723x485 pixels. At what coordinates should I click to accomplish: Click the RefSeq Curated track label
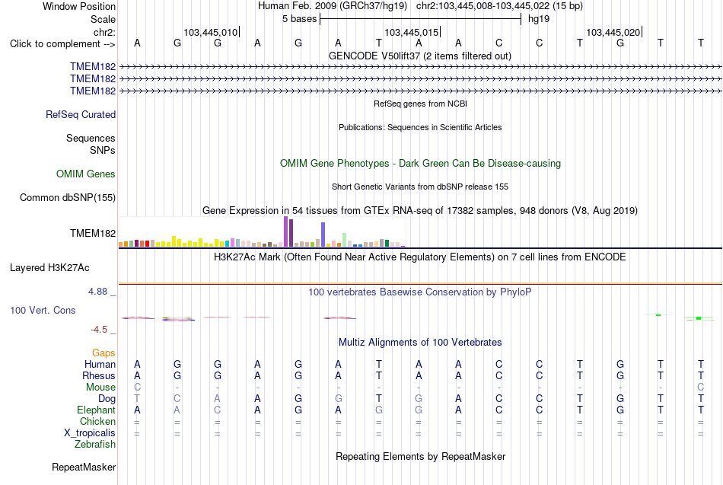pos(81,114)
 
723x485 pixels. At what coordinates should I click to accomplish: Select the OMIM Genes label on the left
pos(86,174)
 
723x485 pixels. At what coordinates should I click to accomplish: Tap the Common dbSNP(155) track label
pos(68,197)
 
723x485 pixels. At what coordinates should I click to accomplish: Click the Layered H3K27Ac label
pos(49,268)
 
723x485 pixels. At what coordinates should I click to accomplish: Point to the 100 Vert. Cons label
pos(43,310)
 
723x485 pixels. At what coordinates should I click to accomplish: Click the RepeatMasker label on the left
pos(84,467)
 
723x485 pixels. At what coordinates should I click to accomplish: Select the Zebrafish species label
pos(95,445)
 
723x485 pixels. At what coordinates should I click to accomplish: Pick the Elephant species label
pos(97,410)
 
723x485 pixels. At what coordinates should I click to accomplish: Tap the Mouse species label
pos(100,388)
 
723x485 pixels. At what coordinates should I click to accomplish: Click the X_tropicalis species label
pos(90,433)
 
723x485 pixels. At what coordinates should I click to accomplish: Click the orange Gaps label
pos(104,353)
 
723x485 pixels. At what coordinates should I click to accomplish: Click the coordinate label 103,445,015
pos(411,32)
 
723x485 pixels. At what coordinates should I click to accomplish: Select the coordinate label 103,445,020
pos(613,32)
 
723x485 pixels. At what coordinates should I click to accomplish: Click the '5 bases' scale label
pos(300,19)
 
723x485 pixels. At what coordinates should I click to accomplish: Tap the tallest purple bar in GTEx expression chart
pos(286,231)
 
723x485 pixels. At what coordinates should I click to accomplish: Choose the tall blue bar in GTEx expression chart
pos(323,235)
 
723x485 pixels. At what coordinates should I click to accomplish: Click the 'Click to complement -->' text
pos(62,44)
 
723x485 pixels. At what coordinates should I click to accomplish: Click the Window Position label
pos(79,6)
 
